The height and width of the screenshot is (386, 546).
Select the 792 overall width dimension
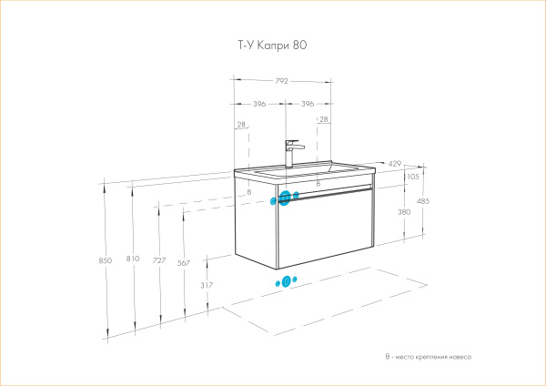coord(281,81)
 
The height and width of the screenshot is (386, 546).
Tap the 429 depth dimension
coord(394,164)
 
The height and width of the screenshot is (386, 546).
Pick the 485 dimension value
coord(422,201)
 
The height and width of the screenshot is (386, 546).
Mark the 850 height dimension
coord(105,260)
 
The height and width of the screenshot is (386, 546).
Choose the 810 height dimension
coord(133,260)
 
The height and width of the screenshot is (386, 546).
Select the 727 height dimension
coord(159,260)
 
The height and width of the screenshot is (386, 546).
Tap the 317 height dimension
coord(206,285)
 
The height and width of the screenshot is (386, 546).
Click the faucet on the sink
coord(290,152)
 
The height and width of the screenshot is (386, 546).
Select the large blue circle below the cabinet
coord(286,281)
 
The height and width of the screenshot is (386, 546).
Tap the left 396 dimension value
coord(259,105)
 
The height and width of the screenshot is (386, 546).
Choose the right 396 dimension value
coord(307,105)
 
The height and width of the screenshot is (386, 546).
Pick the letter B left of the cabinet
coord(248,192)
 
